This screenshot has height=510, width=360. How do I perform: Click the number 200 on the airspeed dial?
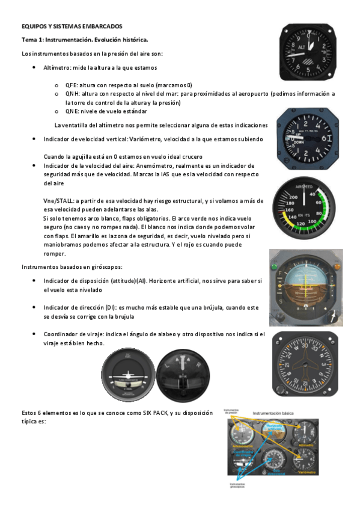click(x=294, y=197)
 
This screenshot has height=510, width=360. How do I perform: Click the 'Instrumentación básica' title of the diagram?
click(x=277, y=414)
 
